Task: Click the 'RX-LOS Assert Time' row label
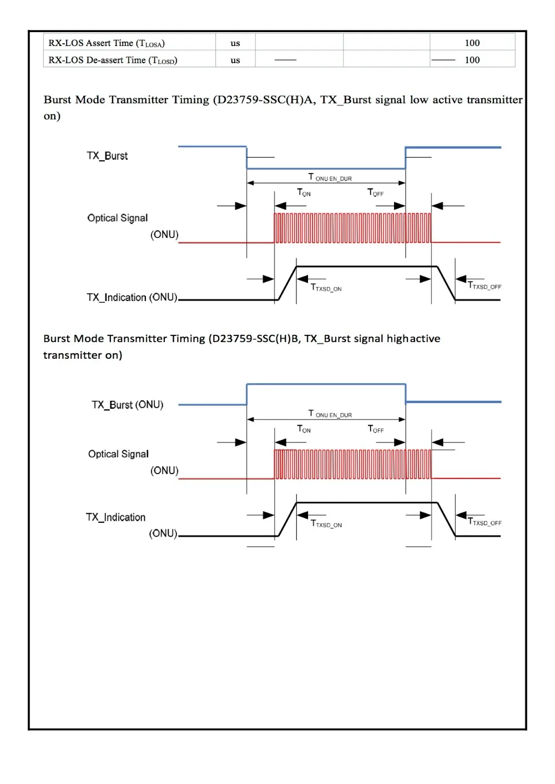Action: click(x=106, y=43)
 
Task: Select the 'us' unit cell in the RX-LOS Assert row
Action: click(x=235, y=43)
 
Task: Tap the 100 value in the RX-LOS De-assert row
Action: click(x=472, y=60)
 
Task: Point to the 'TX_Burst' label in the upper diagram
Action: click(x=107, y=156)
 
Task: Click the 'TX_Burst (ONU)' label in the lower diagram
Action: click(x=127, y=405)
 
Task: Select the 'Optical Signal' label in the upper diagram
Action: click(x=118, y=218)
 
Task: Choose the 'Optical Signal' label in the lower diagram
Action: click(x=118, y=454)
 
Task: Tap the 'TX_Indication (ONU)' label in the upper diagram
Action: click(x=132, y=298)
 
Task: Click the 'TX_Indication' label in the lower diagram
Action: click(x=115, y=517)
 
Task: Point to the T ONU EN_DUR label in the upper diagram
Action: click(x=330, y=177)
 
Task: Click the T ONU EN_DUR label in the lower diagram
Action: click(x=330, y=414)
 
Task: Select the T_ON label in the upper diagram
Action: click(x=304, y=192)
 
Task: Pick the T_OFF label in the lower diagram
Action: click(x=376, y=429)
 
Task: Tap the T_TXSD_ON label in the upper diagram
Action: click(x=326, y=288)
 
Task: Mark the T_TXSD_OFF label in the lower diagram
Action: click(x=485, y=522)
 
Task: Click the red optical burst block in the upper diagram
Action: click(x=352, y=228)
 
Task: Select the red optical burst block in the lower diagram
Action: click(x=352, y=464)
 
